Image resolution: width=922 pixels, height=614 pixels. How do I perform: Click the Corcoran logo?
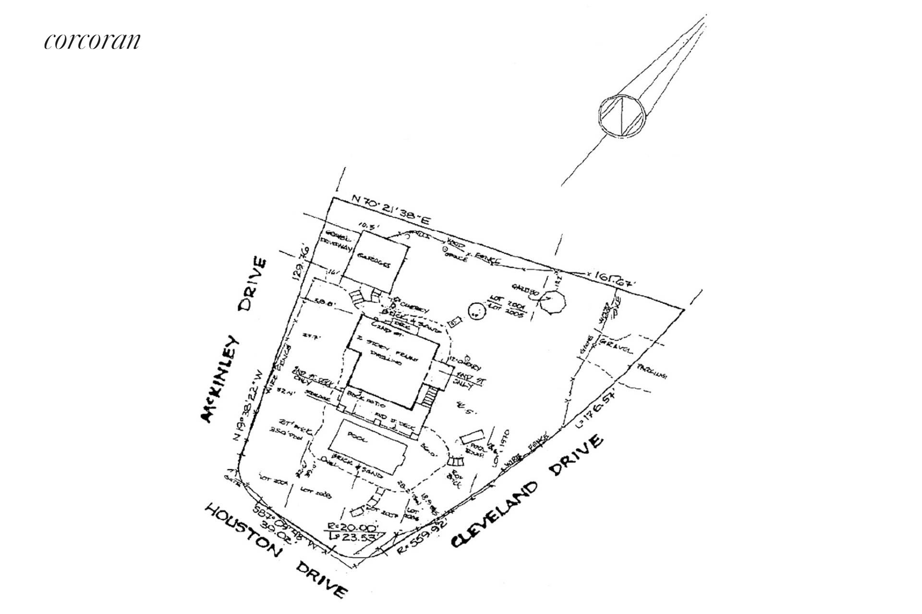point(92,41)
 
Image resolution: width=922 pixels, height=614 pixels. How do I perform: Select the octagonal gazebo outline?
point(552,301)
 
